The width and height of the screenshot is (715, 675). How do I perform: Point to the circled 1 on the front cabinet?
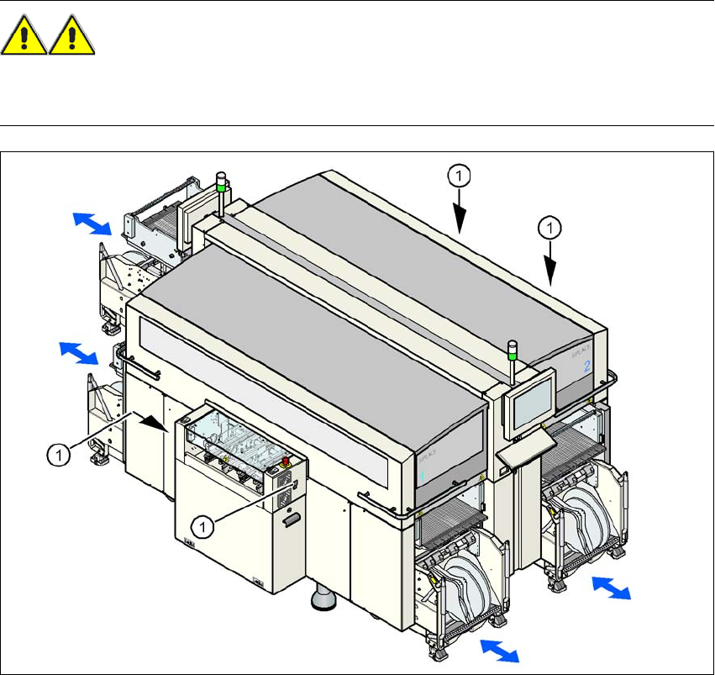coord(202,526)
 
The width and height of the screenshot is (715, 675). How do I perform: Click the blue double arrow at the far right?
coord(611,587)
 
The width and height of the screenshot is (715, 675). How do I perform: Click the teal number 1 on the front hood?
coord(422,476)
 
